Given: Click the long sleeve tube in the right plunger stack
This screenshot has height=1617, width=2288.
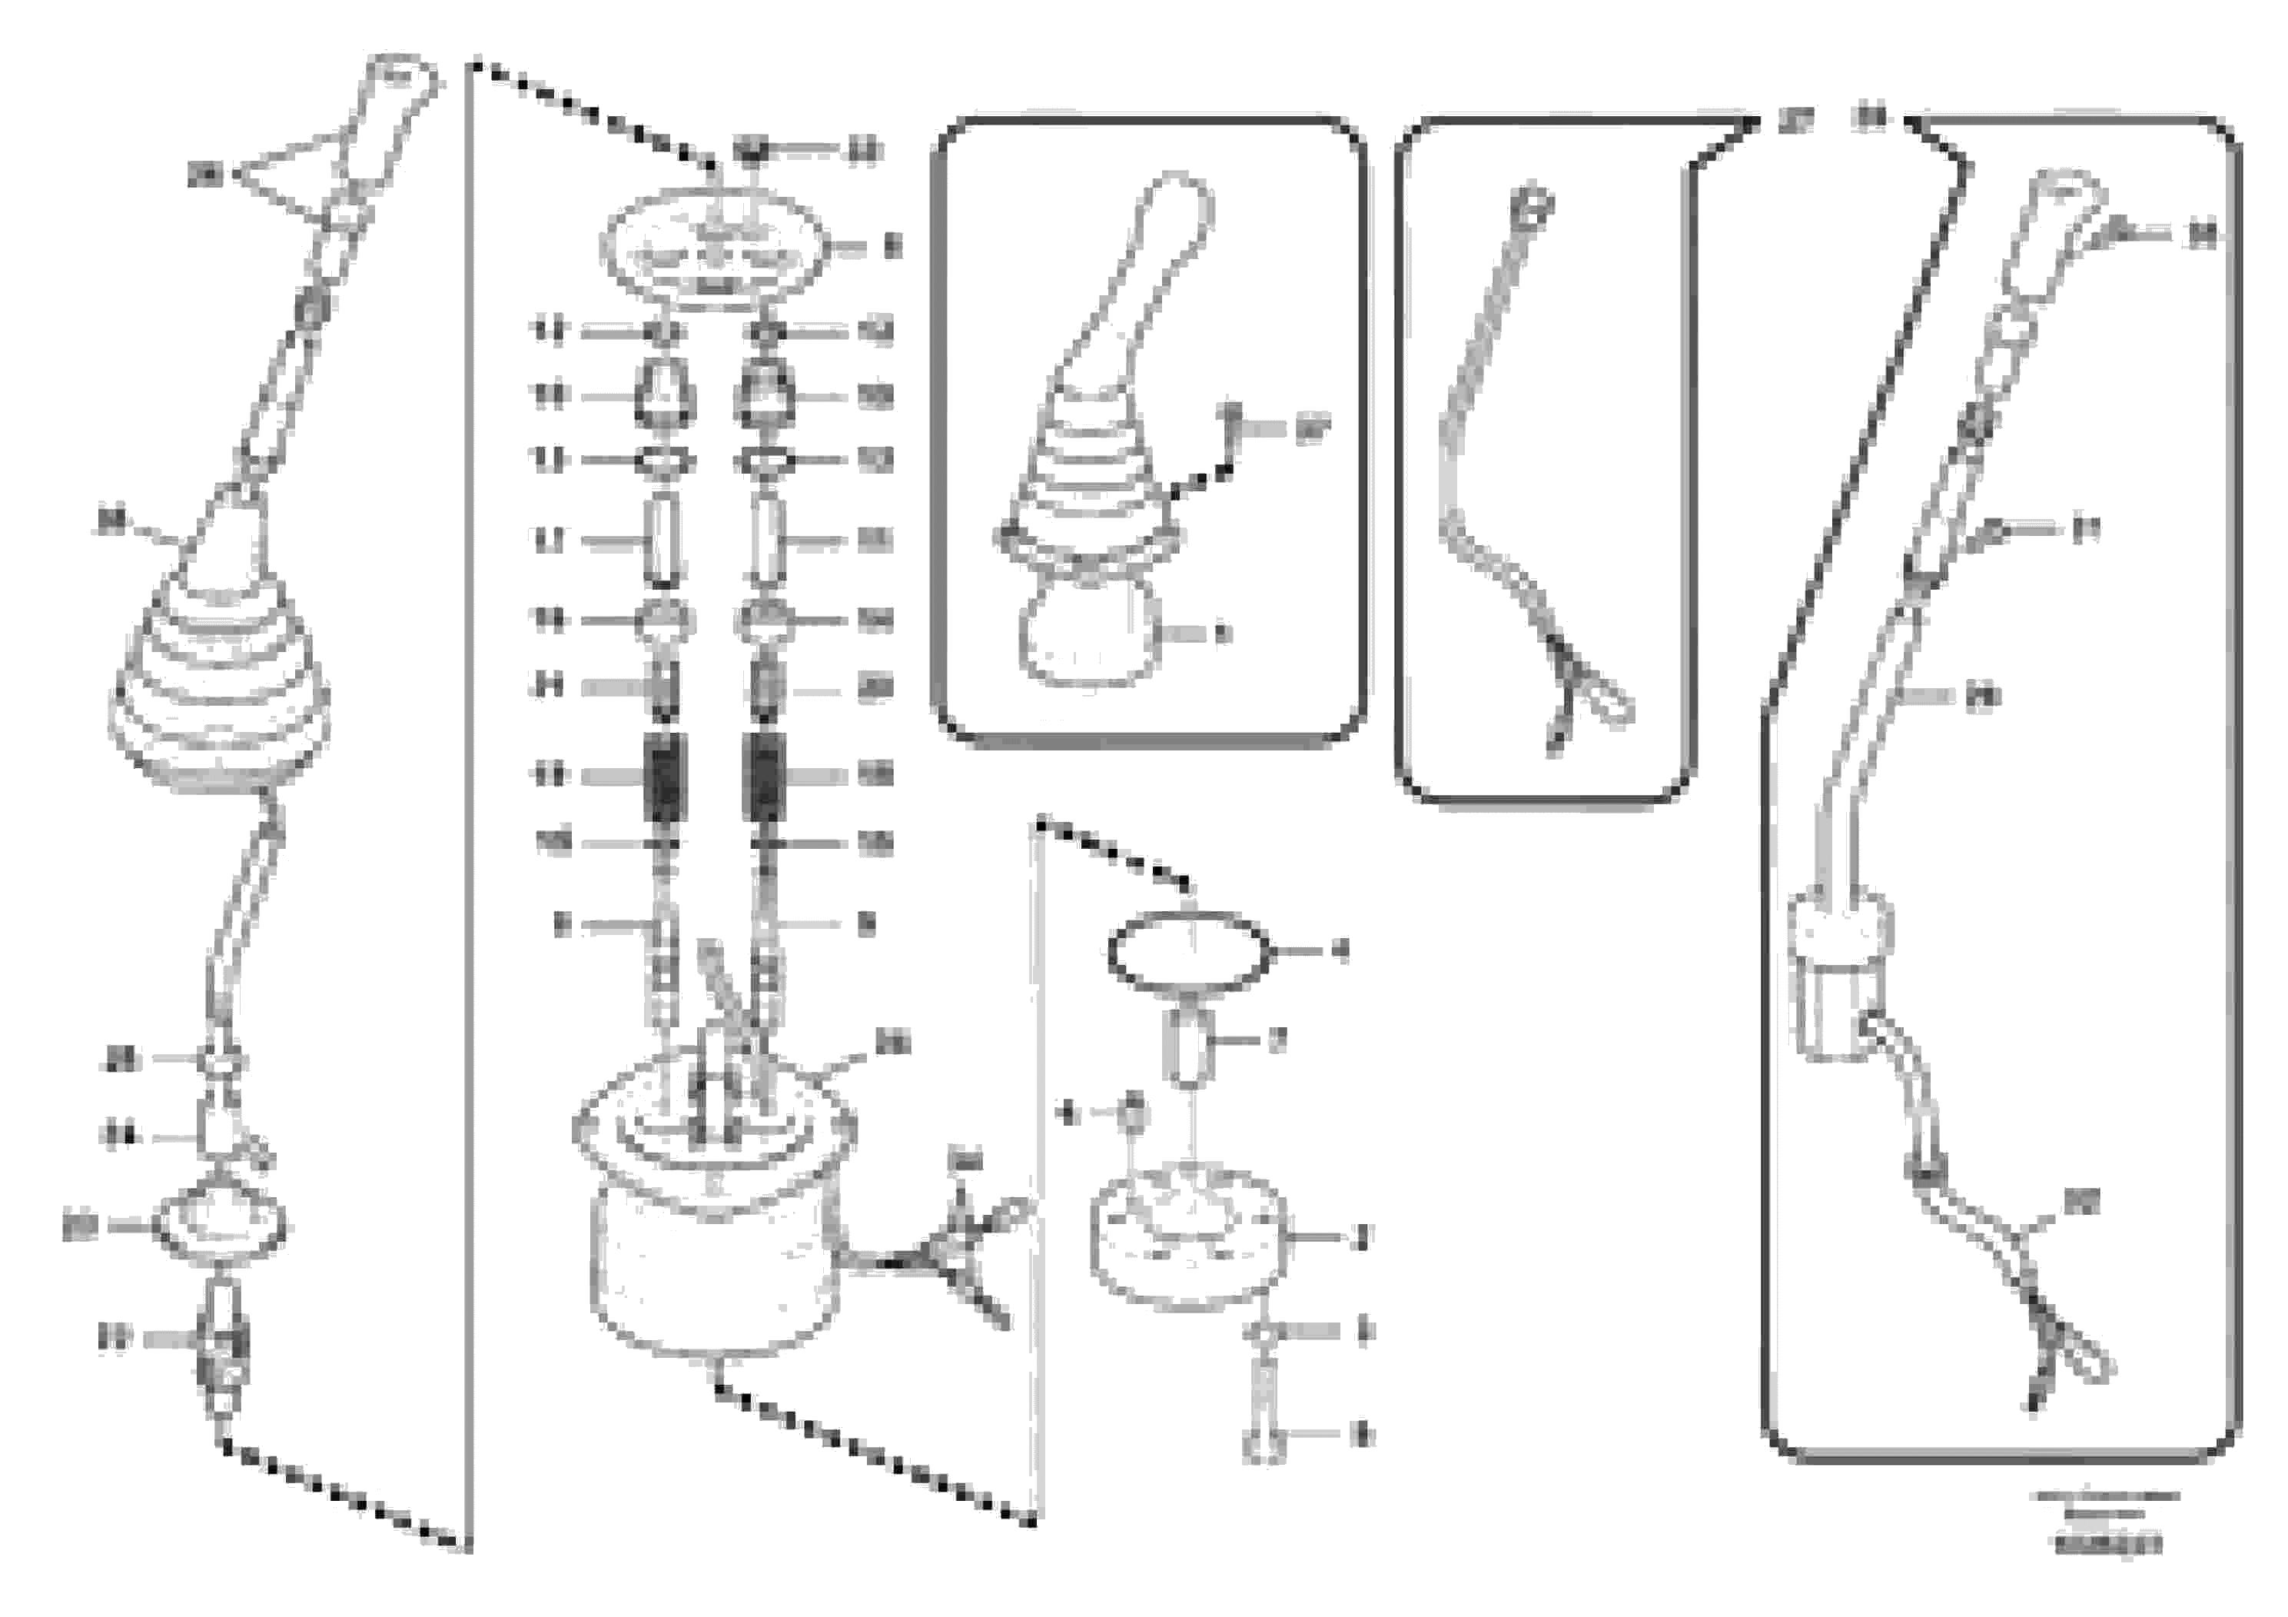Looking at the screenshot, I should tap(765, 541).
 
